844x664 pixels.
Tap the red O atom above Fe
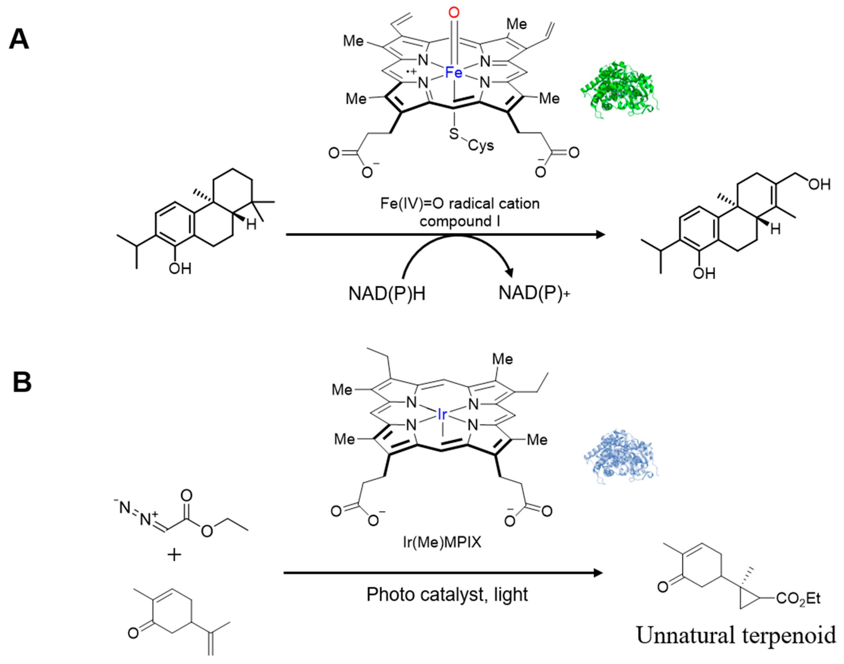pos(453,13)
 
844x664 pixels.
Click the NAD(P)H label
pos(387,294)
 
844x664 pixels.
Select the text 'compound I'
pos(460,221)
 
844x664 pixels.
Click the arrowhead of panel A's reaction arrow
pos(601,234)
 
